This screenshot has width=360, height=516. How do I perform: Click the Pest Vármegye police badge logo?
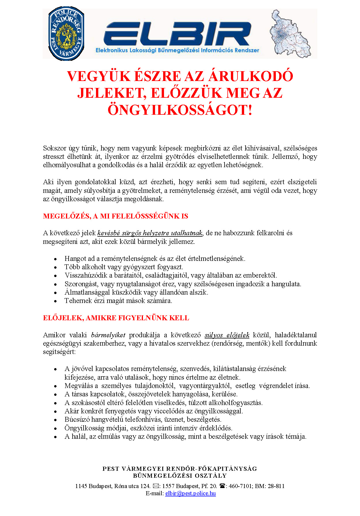(66, 33)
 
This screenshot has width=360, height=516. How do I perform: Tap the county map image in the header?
(290, 34)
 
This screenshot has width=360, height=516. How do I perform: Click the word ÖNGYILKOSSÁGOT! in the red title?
(180, 110)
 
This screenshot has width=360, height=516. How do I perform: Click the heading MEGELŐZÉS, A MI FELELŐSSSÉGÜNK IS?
(115, 216)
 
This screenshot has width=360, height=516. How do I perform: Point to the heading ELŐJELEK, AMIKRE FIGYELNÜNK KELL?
(116, 318)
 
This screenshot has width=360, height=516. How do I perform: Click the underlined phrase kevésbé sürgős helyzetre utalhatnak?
(150, 233)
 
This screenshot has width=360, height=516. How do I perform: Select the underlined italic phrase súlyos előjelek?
(227, 335)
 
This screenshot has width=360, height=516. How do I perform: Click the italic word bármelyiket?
(108, 335)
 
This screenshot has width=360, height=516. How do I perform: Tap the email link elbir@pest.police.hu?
(190, 493)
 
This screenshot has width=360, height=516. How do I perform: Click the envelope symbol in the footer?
(155, 486)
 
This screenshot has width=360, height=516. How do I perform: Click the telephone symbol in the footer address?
(222, 486)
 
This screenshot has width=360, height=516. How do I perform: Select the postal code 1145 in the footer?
(81, 486)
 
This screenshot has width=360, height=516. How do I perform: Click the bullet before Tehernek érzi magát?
(56, 301)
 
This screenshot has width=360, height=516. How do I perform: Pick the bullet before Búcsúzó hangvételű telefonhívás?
(56, 420)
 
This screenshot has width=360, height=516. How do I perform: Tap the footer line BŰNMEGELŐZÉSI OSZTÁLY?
(180, 476)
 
